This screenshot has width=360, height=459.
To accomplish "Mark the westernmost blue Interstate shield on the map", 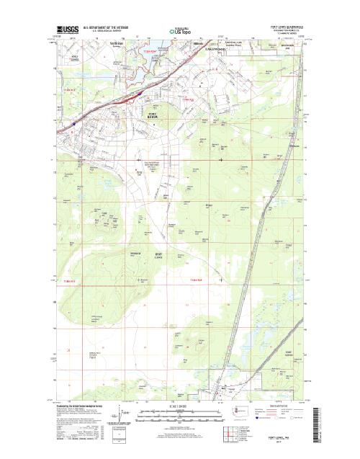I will pyautogui.click(x=73, y=123).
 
